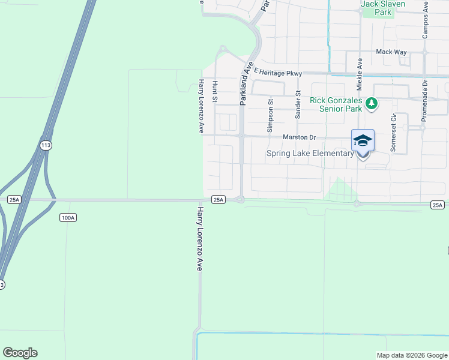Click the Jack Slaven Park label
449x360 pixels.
(x=383, y=8)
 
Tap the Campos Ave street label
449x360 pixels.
(x=426, y=19)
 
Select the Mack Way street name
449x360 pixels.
(x=391, y=52)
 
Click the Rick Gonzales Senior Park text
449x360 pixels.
(x=336, y=104)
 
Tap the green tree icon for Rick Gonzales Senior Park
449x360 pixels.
(x=372, y=104)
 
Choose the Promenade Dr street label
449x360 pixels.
(x=424, y=98)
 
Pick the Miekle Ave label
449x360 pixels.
(x=360, y=71)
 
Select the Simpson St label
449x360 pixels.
(x=270, y=115)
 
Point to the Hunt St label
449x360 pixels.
(x=215, y=92)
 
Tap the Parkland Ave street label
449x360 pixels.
(x=244, y=83)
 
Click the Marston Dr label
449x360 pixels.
(x=299, y=137)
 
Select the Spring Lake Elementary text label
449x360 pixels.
(x=310, y=153)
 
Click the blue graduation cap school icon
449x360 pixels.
(x=363, y=140)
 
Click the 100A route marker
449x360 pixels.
(x=68, y=218)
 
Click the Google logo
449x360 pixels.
(x=20, y=353)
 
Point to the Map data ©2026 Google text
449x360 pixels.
(x=411, y=355)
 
